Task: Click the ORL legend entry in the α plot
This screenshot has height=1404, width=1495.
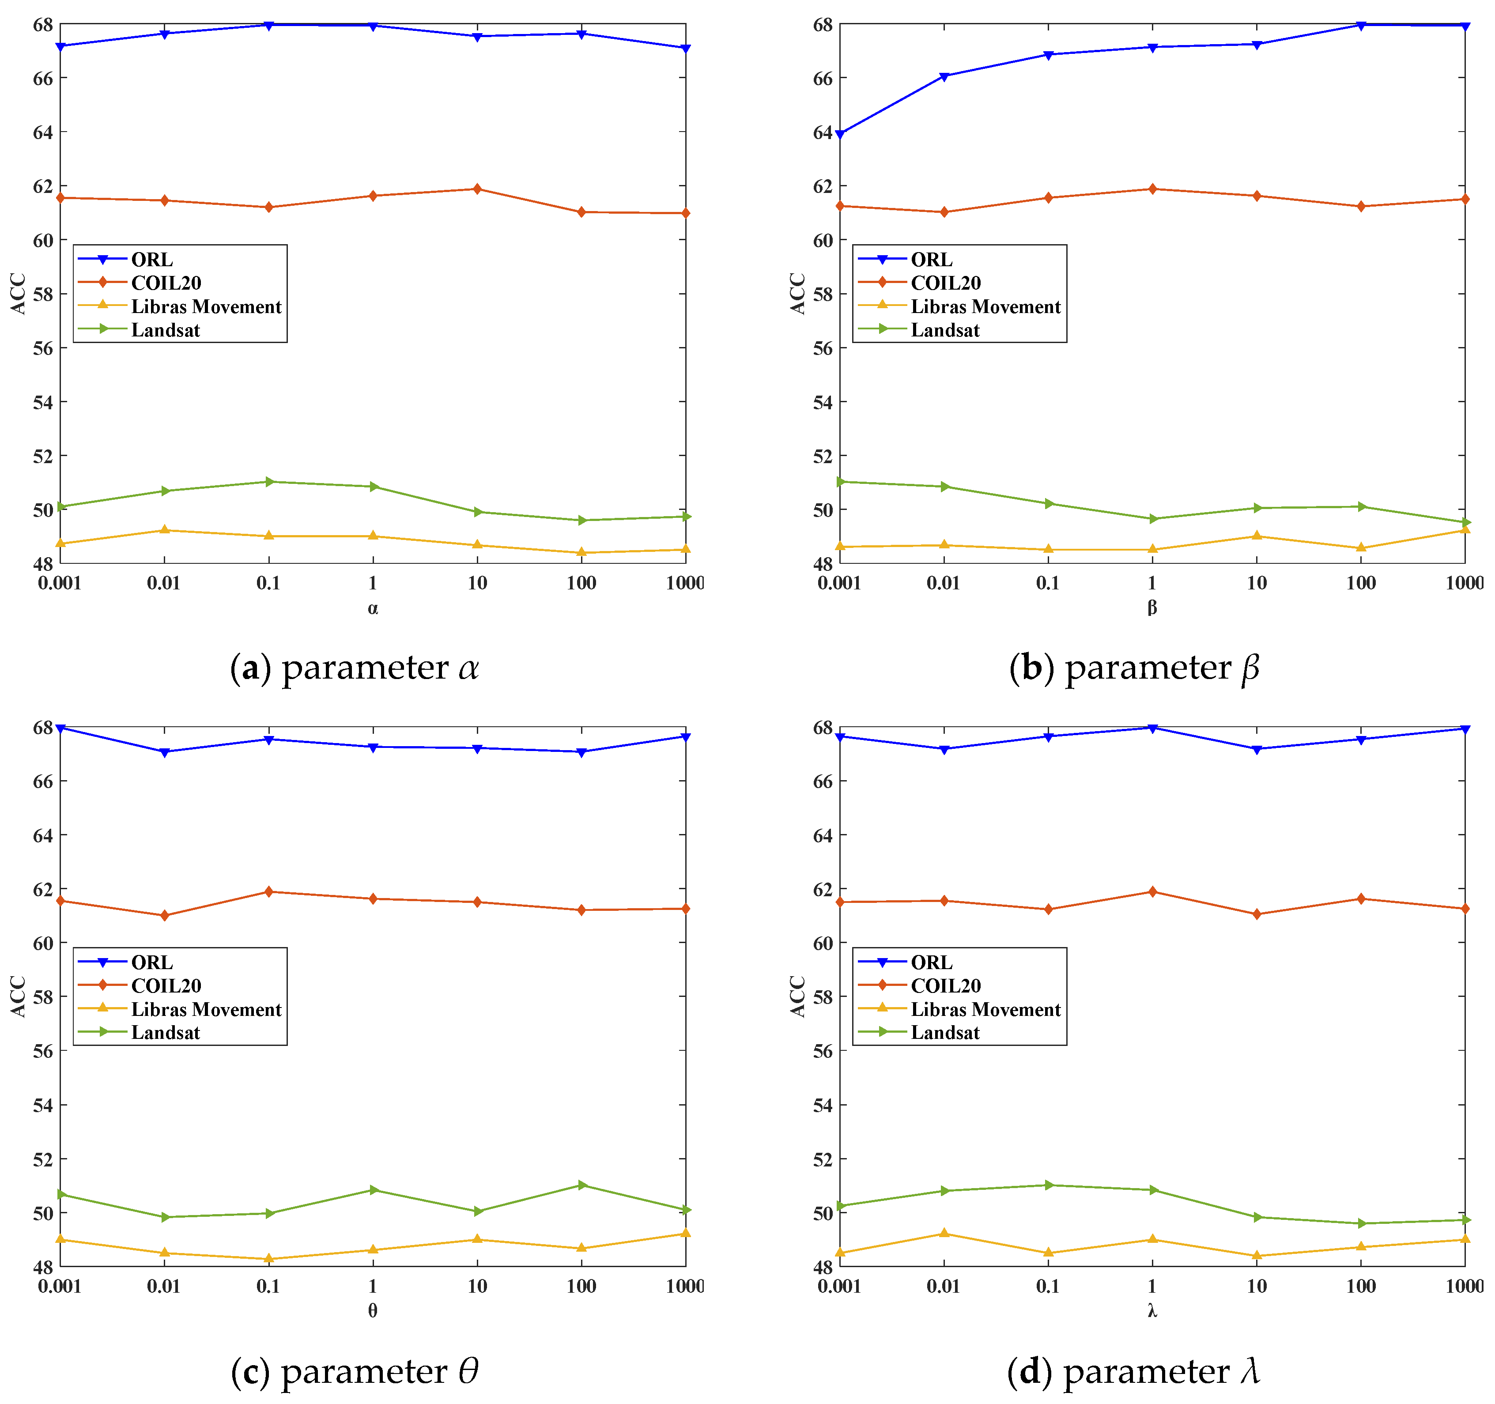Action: coord(151,260)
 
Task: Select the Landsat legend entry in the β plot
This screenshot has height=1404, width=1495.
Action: coord(944,330)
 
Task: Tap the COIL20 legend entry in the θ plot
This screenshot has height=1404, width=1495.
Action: coord(166,985)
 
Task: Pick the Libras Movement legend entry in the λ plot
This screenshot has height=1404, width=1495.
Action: coord(985,1009)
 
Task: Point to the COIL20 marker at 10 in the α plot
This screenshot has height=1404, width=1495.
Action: coord(477,189)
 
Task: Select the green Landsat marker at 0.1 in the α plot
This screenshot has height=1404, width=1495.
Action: coord(268,481)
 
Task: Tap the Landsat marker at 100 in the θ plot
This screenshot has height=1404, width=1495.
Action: coord(581,1185)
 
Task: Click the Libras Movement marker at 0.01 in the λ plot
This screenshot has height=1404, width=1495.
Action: coord(944,1233)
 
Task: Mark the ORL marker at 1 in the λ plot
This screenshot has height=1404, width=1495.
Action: coord(1152,728)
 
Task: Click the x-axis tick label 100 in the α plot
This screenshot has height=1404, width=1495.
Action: coord(581,583)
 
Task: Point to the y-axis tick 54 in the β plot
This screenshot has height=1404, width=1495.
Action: coord(823,402)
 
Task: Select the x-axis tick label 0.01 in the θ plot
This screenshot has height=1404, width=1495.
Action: coord(164,1286)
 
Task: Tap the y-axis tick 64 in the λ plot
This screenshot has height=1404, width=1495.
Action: coord(823,835)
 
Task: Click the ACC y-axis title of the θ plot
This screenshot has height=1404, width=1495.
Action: coord(18,996)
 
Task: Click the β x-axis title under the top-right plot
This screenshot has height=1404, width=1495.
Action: coord(1152,608)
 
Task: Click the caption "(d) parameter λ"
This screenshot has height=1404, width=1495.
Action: coord(1133,1371)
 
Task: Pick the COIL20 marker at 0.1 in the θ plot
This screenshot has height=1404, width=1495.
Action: coord(268,892)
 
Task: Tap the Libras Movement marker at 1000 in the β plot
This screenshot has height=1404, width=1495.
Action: coord(1464,530)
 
